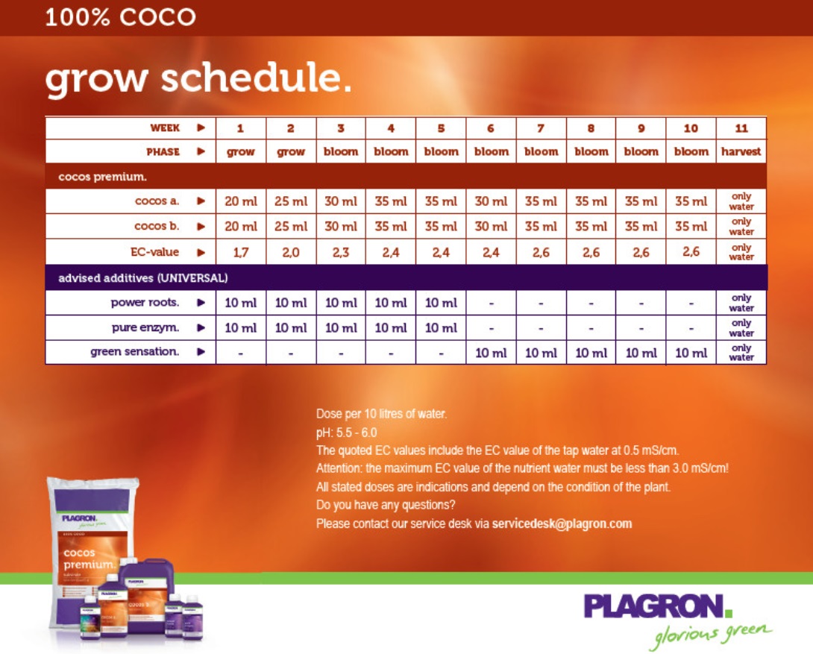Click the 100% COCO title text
click(120, 16)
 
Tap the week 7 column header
click(541, 128)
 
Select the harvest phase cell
click(741, 152)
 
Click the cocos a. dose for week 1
click(241, 201)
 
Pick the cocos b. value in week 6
click(491, 227)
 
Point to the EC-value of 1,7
click(241, 252)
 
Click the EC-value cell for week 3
click(341, 252)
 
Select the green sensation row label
click(135, 352)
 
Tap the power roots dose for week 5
click(441, 303)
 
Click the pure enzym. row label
click(145, 327)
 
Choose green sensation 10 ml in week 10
click(691, 353)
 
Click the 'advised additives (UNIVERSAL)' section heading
click(143, 278)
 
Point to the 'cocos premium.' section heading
click(103, 177)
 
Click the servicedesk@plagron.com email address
click(562, 523)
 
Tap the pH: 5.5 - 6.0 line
click(346, 433)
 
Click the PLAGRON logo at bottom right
click(658, 606)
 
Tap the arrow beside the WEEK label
click(201, 128)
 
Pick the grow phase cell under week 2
click(291, 152)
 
